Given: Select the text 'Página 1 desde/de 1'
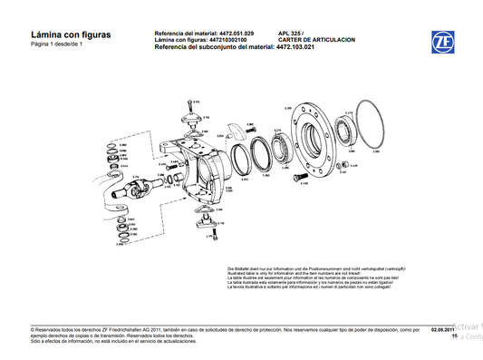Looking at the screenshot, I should coord(56,44).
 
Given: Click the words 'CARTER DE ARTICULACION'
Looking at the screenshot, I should coord(316,39).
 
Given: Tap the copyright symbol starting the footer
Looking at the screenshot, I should coord(33,330).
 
